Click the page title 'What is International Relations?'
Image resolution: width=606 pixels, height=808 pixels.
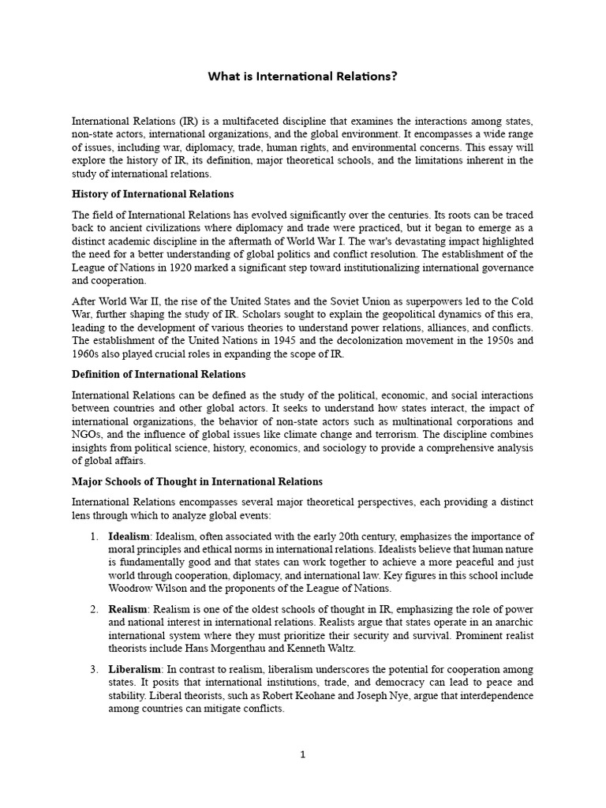tap(302, 77)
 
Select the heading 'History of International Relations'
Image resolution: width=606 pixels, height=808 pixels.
tap(152, 194)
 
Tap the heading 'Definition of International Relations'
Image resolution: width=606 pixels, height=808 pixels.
tap(159, 374)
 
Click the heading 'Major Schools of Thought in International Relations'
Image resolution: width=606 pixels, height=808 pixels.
tap(197, 481)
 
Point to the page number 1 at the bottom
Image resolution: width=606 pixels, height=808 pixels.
tap(302, 754)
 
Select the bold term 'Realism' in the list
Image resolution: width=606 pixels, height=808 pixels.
tap(128, 609)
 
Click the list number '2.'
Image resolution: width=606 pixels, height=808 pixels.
tap(93, 609)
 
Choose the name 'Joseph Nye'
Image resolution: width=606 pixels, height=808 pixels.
tap(380, 696)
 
